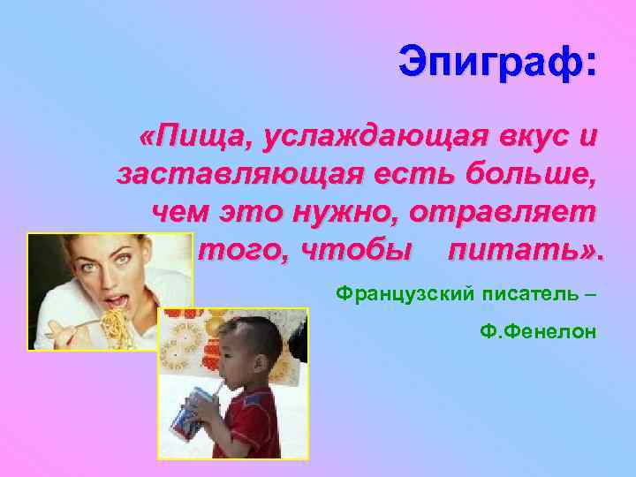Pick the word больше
click(527, 175)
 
